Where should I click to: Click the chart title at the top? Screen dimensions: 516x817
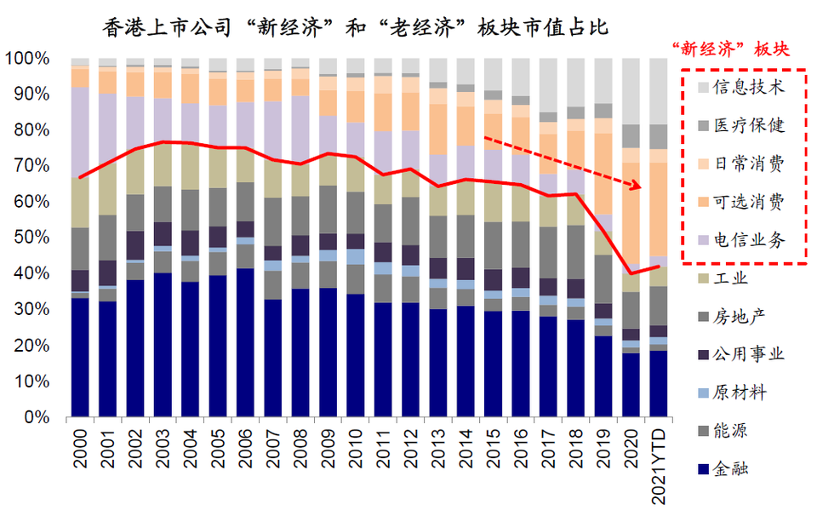(356, 27)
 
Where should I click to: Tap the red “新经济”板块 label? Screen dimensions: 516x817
(730, 49)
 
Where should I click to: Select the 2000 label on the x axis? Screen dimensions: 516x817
(81, 451)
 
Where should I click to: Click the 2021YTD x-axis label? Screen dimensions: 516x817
(658, 465)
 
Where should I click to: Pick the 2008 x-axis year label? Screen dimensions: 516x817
(300, 451)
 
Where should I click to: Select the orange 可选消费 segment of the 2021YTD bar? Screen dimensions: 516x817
(658, 209)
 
